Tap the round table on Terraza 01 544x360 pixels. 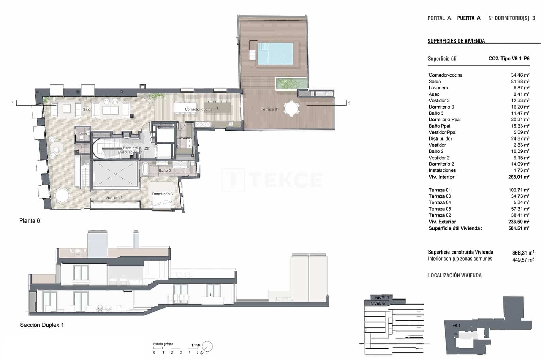[x=291, y=109]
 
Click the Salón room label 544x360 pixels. [x=87, y=109]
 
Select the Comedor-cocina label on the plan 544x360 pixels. [x=199, y=109]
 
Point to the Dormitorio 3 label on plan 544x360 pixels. [x=162, y=194]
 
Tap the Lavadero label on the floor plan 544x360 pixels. [x=184, y=138]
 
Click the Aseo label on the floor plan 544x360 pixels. [x=82, y=134]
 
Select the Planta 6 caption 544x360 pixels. [x=30, y=221]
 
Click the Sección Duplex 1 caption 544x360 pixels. [x=42, y=325]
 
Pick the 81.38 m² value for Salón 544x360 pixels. [x=520, y=81]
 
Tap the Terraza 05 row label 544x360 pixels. [x=440, y=209]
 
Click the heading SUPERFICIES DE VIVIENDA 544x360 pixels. [x=456, y=41]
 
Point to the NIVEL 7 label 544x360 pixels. [x=382, y=298]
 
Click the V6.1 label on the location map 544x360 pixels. [x=456, y=326]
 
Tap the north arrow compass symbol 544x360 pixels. [x=207, y=346]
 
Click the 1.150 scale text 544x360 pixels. [x=195, y=345]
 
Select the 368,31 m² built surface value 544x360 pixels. [x=523, y=253]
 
